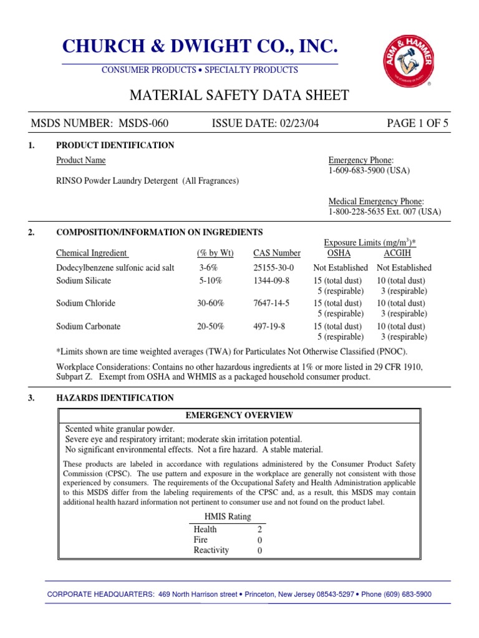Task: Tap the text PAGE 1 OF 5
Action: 417,123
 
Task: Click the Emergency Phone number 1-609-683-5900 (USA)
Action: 369,171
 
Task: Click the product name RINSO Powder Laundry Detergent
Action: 147,181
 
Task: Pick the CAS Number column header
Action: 276,253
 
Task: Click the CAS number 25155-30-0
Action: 276,268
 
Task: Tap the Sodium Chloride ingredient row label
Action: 85,303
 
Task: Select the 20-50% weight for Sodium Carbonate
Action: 210,326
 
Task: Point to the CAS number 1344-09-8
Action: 271,281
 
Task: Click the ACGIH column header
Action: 397,253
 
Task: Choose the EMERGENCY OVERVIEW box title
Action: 239,416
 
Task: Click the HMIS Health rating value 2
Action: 259,530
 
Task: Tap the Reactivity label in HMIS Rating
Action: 211,550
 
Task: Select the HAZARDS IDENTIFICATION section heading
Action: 115,398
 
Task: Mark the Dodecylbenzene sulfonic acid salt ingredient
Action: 115,268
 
